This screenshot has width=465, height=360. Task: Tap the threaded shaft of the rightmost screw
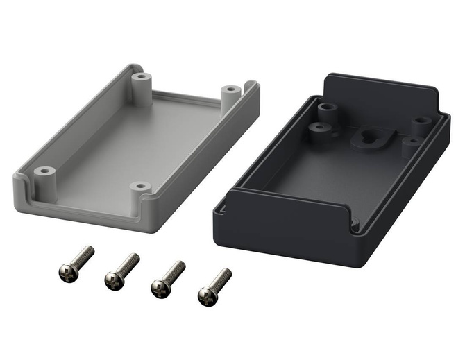tap(221, 280)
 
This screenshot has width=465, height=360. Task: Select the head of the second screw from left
tap(113, 280)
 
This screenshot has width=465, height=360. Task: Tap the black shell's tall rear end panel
tap(378, 97)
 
